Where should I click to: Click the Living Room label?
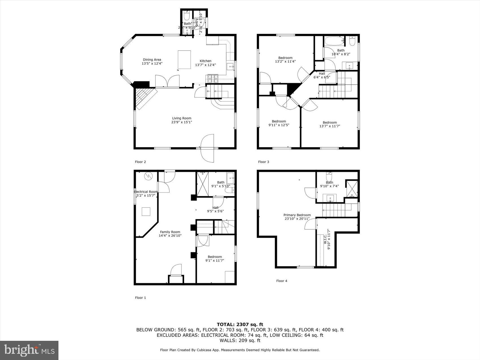coord(182,118)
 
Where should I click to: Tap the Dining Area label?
coord(152,60)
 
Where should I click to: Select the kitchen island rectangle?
coord(184,60)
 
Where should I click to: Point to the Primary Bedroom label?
coord(297,215)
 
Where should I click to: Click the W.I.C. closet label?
coord(325,239)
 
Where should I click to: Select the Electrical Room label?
coord(146,192)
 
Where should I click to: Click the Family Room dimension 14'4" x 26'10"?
coord(170,235)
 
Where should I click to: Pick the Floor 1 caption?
coord(140,298)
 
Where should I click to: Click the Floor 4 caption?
coord(282,281)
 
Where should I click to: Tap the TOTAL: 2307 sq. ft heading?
coord(240,324)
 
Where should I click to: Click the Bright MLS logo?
coord(29,350)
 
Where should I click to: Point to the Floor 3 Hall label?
coord(322,73)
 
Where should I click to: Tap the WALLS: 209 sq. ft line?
coord(240,341)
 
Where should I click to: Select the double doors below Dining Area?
coord(167,81)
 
